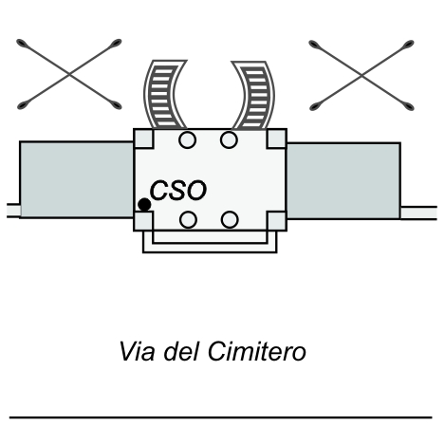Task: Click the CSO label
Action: point(178,190)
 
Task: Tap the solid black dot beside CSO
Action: point(144,205)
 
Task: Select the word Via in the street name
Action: point(137,351)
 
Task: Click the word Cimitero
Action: point(257,351)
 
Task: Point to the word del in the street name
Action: point(181,351)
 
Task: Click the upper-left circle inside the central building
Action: point(187,139)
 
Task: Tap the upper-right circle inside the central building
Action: point(229,139)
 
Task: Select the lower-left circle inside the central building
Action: point(188,219)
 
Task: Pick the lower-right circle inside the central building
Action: point(230,219)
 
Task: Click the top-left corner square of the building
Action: point(143,139)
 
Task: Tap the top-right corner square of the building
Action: point(277,139)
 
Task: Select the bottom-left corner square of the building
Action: point(143,221)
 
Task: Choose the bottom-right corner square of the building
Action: point(277,221)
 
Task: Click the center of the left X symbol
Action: point(69,75)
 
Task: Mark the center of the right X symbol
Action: point(362,75)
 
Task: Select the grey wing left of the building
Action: point(77,180)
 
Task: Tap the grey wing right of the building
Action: point(343,181)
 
